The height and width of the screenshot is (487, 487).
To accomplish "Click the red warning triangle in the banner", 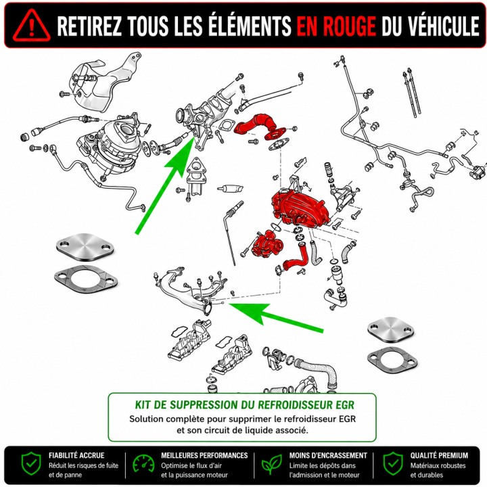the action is (x=31, y=26).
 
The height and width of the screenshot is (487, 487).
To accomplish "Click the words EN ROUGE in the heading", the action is (x=336, y=26).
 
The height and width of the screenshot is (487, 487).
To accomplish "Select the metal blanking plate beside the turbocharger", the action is (x=85, y=247).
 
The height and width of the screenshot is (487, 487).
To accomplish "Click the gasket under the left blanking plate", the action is (x=86, y=280).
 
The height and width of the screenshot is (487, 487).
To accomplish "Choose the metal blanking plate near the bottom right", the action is (x=391, y=330).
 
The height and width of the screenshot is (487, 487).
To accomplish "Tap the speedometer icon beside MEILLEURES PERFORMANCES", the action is (x=143, y=465).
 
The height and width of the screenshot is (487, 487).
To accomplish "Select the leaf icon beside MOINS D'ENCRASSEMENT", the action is (x=271, y=465).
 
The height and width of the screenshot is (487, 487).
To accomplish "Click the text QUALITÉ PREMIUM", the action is (x=439, y=455).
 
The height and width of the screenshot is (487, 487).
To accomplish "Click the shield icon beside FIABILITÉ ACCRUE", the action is (x=31, y=464).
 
